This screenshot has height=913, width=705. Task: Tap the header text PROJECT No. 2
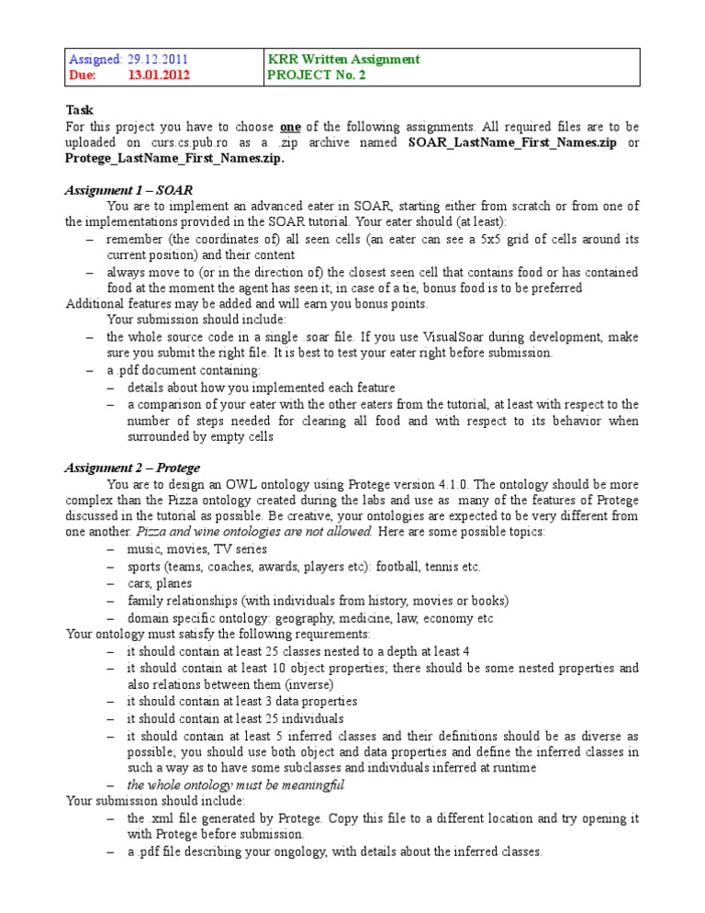coord(316,76)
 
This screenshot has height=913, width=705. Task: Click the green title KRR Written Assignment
coord(343,60)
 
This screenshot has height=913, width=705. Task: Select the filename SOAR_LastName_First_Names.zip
coord(511,142)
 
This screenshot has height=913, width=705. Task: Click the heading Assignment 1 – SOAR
coord(128,190)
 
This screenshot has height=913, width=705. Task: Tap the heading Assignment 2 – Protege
coord(132,468)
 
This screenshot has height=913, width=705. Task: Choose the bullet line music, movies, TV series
coord(197,549)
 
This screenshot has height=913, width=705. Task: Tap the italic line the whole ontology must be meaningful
coord(235,784)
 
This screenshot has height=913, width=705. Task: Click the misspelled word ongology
coord(290,851)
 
